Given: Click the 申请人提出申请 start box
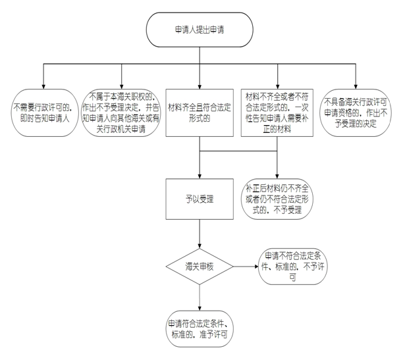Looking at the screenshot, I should click(199, 30).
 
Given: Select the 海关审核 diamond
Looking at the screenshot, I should click(199, 267).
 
